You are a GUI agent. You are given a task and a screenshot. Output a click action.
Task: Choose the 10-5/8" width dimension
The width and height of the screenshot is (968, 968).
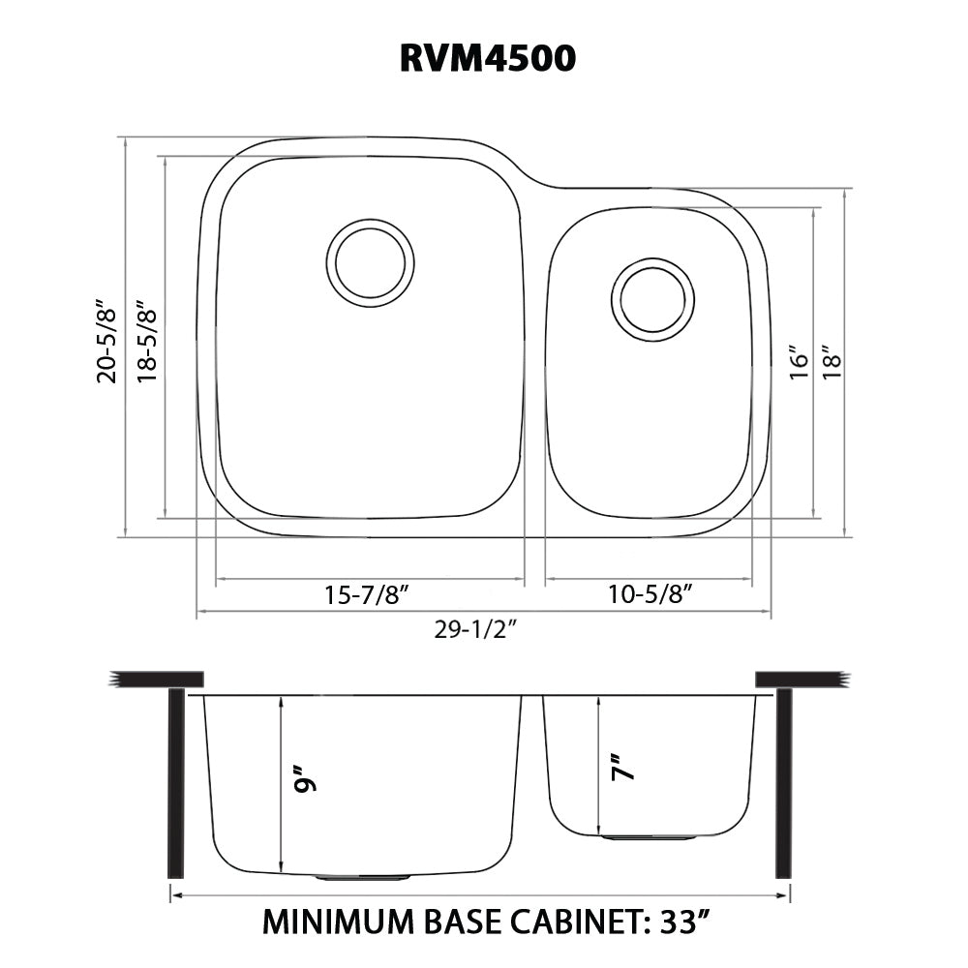[650, 594]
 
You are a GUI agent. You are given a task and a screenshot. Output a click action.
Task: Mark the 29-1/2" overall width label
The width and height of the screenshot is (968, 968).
[475, 630]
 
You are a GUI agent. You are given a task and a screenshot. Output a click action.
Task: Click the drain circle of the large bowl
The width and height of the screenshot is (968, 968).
[370, 263]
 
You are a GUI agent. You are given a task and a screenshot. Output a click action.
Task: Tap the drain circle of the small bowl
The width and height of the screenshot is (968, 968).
[652, 299]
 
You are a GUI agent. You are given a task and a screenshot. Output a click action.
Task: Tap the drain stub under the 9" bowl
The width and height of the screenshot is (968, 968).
[363, 877]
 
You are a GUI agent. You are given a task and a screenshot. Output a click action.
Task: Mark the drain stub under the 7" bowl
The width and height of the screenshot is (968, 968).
[650, 837]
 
